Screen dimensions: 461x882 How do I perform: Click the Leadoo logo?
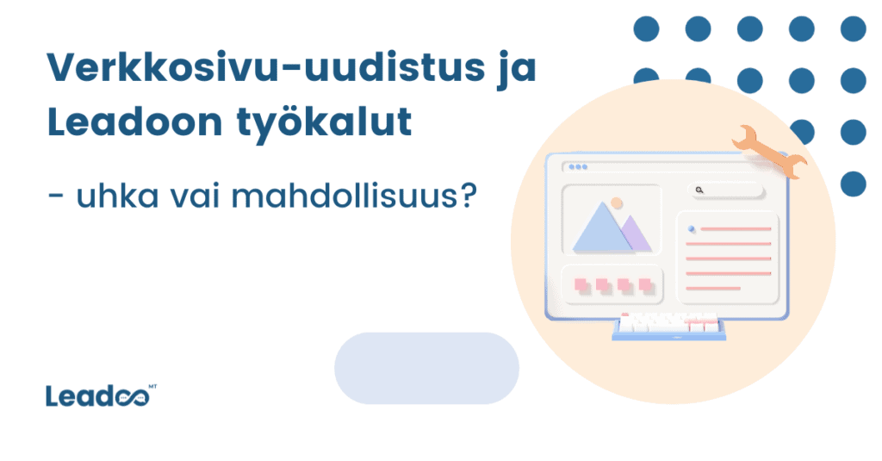click(95, 397)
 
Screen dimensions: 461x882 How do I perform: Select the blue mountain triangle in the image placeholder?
click(603, 227)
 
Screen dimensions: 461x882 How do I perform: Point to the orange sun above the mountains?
click(616, 203)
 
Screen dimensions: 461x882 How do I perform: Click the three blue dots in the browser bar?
click(577, 166)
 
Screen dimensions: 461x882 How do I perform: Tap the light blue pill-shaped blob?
click(426, 368)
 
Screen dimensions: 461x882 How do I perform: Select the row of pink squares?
click(611, 284)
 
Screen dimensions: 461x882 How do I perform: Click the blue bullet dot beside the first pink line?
click(691, 229)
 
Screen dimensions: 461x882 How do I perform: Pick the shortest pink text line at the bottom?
click(713, 288)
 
